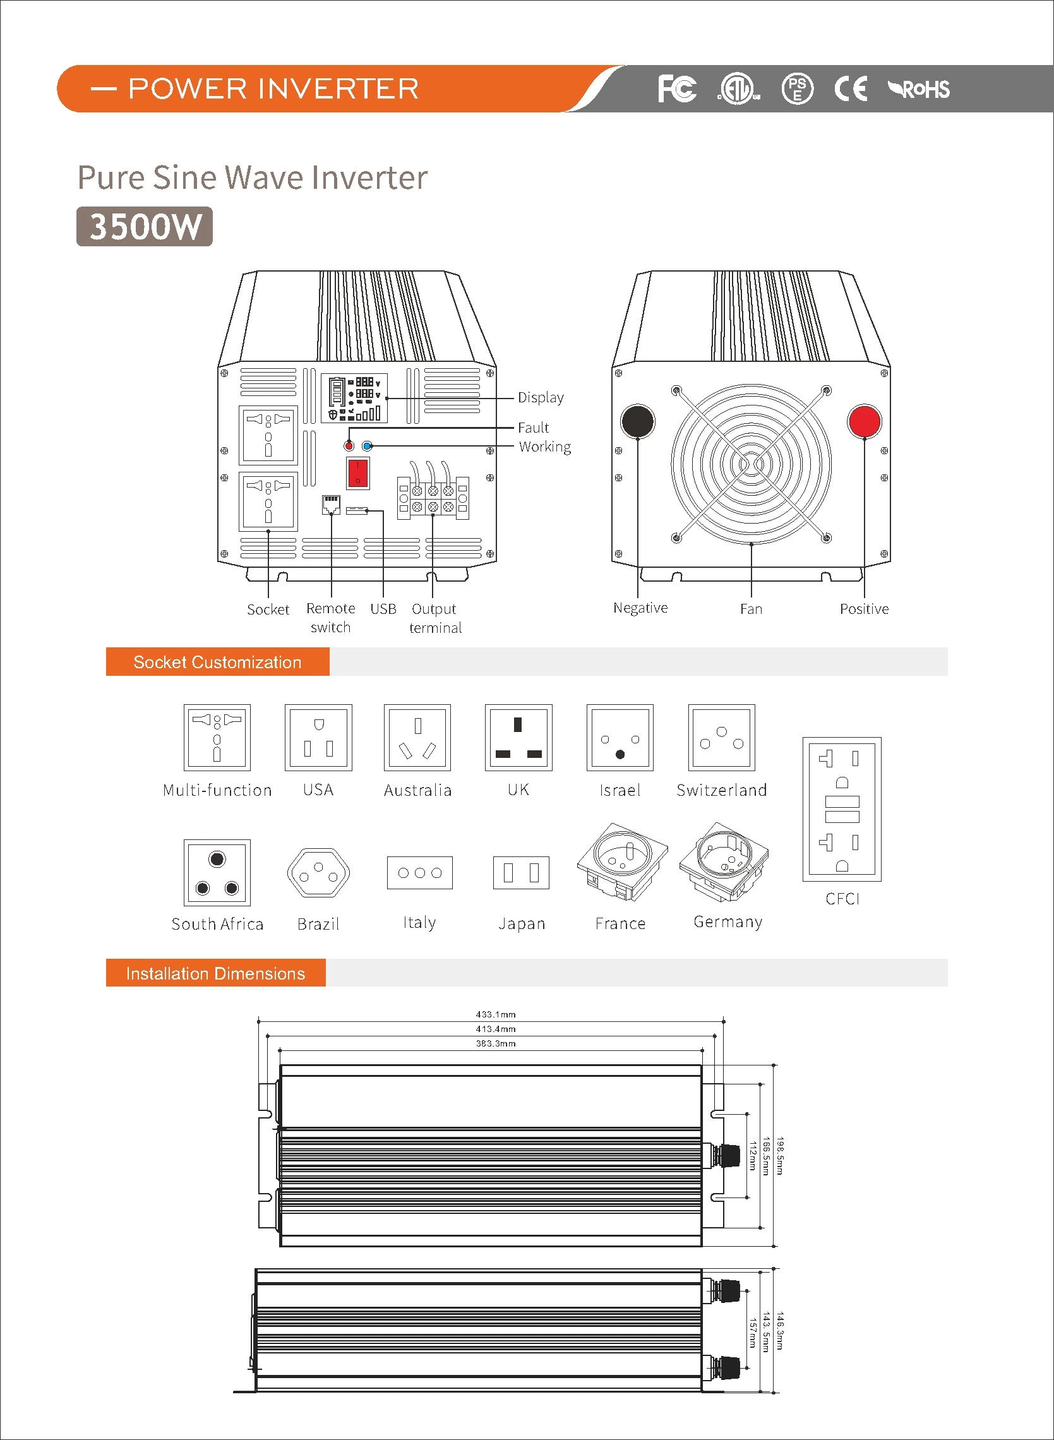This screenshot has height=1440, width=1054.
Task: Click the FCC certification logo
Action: click(677, 88)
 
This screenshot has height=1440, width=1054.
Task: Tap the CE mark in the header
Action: click(851, 88)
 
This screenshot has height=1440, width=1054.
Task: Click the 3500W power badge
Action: click(144, 227)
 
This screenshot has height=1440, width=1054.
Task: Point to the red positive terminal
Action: click(864, 421)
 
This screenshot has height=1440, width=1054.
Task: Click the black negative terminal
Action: click(637, 421)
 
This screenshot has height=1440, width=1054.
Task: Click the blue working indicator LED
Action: click(367, 446)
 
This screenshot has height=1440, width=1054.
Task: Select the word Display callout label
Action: click(541, 397)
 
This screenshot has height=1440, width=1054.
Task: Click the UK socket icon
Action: click(518, 738)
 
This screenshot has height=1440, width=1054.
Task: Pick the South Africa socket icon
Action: click(217, 872)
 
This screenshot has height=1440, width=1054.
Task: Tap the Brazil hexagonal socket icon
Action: click(318, 872)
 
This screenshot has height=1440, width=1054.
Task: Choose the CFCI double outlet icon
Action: click(842, 809)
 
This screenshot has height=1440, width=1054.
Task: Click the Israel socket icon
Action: click(620, 738)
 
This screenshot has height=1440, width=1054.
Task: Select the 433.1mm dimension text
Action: click(495, 1014)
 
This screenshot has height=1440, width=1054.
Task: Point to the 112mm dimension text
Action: click(753, 1155)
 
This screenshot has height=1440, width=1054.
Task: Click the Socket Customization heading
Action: click(217, 663)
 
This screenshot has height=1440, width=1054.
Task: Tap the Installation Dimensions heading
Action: click(215, 973)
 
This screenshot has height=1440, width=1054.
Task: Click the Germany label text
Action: click(728, 922)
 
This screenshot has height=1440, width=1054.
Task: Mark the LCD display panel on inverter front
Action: click(354, 398)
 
